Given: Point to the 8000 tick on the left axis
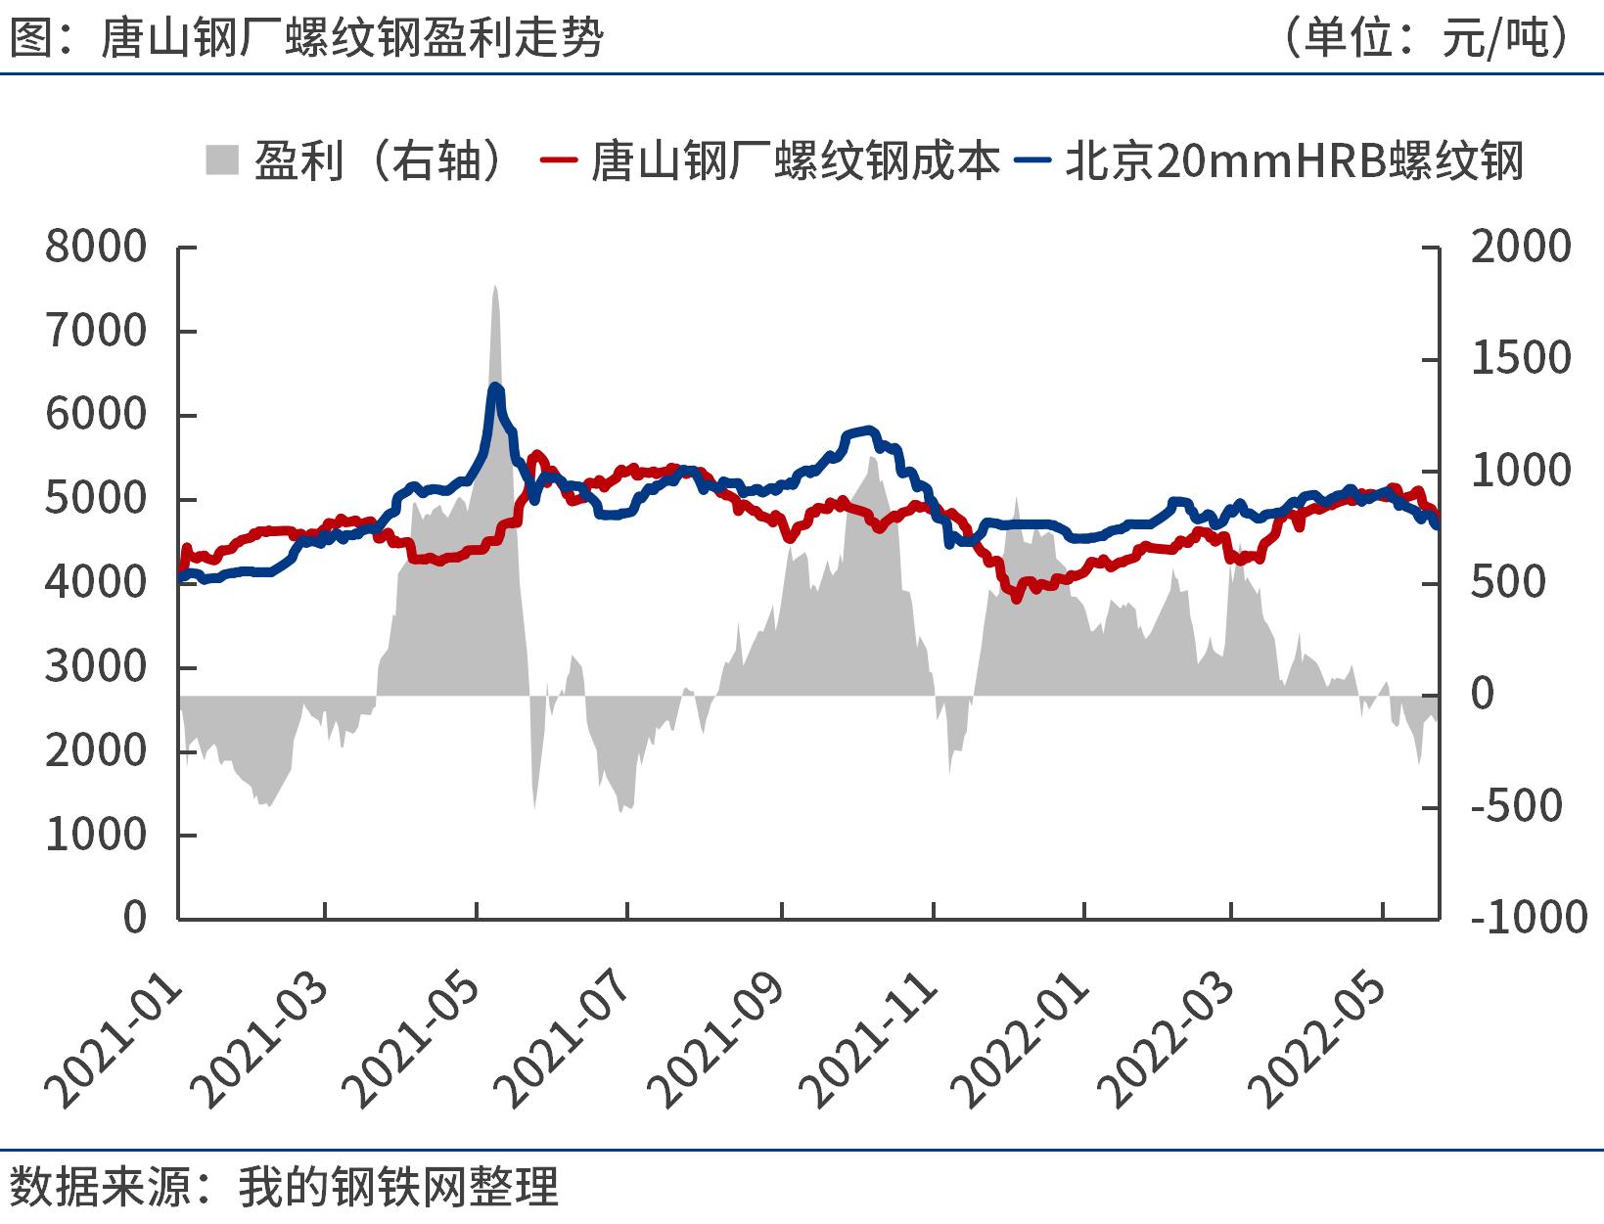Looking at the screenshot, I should coord(96,247).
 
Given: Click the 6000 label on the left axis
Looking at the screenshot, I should coord(96,415).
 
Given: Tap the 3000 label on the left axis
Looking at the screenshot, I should coord(96,667).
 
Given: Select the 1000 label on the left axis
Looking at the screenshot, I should coord(96,835).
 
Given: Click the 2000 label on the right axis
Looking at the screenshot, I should coord(1520,247).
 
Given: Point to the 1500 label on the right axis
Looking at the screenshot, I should coord(1520,359).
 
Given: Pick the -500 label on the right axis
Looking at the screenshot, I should coord(1516,806).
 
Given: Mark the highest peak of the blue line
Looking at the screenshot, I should coord(495,387).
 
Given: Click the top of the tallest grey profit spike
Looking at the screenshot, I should coord(495,286).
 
